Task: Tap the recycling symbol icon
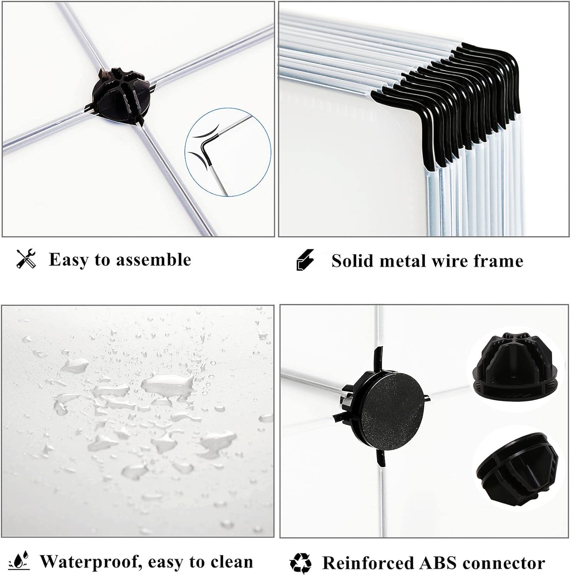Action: tap(301, 563)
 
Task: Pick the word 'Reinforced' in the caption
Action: tap(367, 563)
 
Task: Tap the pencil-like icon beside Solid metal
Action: tap(305, 260)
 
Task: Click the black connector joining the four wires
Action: tap(120, 94)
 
